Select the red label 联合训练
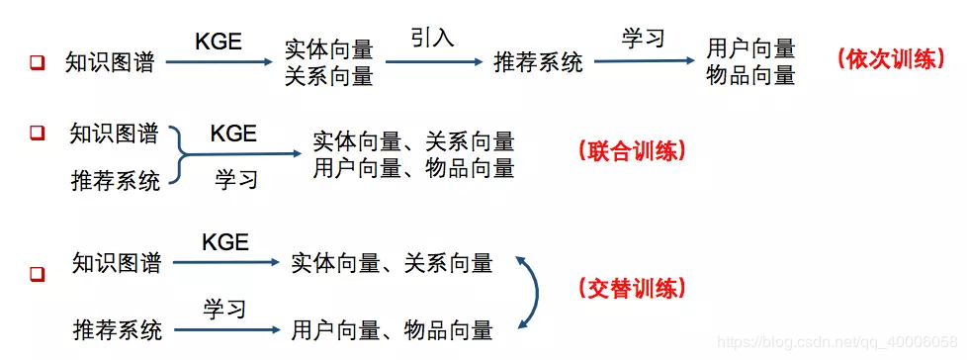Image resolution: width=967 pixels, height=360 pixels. (x=631, y=151)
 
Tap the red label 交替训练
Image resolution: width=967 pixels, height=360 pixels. (x=629, y=288)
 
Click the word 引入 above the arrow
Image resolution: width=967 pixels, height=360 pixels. (x=432, y=39)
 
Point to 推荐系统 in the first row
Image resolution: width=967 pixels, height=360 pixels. (x=539, y=62)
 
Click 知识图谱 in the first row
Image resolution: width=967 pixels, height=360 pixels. (x=110, y=62)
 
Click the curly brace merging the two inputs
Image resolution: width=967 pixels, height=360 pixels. (x=178, y=154)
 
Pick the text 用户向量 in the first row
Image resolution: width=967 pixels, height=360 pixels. (x=751, y=48)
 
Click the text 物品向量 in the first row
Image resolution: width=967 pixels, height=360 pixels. (x=751, y=74)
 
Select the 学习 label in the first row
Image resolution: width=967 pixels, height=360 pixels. (x=643, y=39)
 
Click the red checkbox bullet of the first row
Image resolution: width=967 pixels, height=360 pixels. (x=38, y=63)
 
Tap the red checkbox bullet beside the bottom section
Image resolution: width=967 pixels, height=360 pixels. (x=38, y=272)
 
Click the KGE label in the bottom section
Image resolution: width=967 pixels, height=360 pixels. (x=225, y=241)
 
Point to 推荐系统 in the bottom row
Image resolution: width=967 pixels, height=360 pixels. (x=117, y=326)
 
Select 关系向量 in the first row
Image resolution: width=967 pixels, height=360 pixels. (x=328, y=75)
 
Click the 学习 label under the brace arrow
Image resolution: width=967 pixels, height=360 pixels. (x=235, y=179)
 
